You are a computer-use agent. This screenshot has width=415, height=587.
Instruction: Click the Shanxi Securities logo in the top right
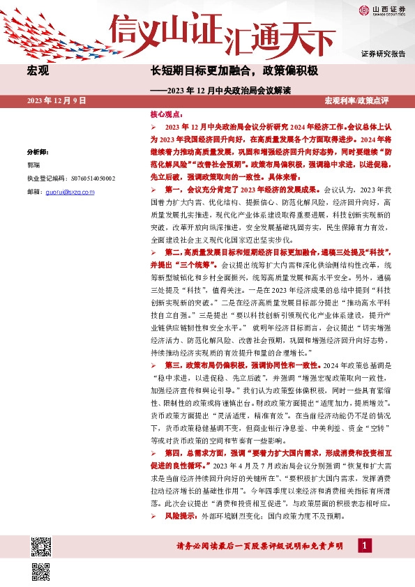point(383,10)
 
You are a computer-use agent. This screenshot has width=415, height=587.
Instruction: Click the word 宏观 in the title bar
point(38,71)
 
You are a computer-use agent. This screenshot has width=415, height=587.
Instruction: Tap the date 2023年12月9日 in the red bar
point(56,101)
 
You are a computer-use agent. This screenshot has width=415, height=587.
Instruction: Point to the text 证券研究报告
point(384,54)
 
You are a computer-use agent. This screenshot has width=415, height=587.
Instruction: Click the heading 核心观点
point(166,113)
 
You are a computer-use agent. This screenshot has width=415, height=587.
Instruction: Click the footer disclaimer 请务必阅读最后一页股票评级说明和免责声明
point(259,547)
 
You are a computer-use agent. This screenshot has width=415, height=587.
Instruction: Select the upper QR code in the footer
point(41,547)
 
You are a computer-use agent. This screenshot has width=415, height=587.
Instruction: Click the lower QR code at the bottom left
point(41,571)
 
